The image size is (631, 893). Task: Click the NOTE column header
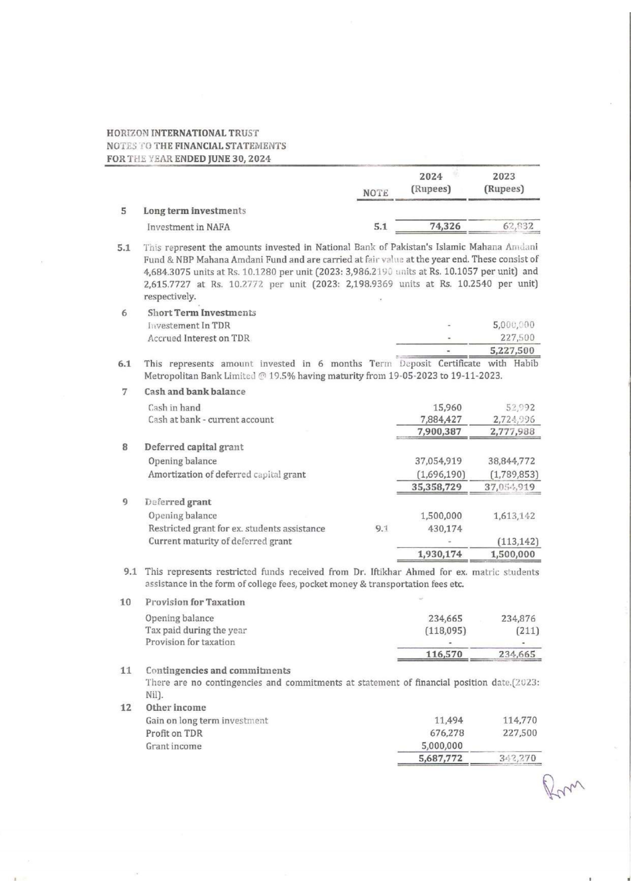click(376, 193)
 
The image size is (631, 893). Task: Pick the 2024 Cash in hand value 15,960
click(447, 408)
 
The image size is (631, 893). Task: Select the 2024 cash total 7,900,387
click(439, 431)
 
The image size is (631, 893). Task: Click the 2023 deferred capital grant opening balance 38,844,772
click(511, 461)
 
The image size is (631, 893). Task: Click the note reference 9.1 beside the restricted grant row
click(382, 529)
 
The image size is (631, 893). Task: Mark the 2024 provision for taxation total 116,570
click(445, 654)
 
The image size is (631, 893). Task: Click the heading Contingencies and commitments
click(218, 670)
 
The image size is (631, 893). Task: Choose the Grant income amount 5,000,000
click(441, 746)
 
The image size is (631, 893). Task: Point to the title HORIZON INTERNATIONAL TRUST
click(183, 133)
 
